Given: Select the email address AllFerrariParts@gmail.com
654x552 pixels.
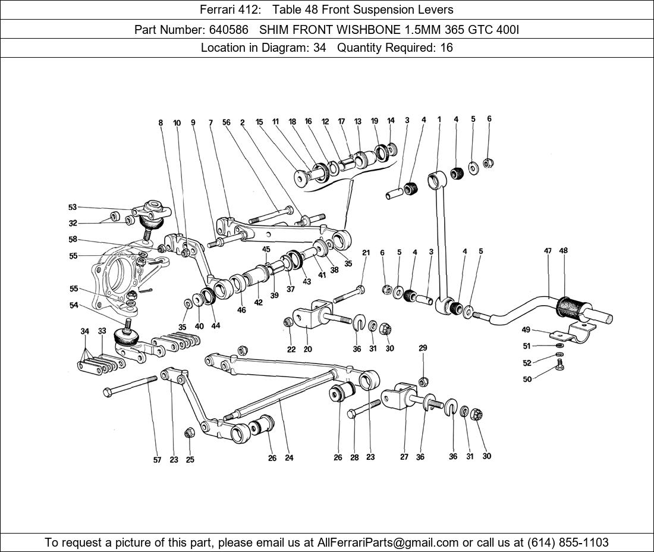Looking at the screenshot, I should coord(388,542).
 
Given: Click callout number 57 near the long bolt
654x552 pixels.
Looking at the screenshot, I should coord(157,460).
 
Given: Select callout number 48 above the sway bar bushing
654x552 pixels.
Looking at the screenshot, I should coord(563,250).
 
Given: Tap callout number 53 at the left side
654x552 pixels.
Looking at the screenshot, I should coord(73,208).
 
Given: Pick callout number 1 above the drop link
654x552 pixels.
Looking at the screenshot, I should coord(439,120).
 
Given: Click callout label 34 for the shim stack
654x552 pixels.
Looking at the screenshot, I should coord(85,331).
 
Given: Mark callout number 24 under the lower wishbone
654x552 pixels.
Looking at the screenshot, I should coord(289,458).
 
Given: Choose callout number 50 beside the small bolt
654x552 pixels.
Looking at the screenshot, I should coord(527,379).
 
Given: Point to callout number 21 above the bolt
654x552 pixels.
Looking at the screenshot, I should coord(366,253).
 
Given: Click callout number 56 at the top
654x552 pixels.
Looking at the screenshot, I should coord(226,123).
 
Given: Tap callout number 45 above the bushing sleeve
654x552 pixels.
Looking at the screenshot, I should coord(266,249).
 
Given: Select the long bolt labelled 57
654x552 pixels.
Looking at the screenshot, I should coord(131,385).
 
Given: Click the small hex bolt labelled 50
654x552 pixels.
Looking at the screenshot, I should coord(559,365).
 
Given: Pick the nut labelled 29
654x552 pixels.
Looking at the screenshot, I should coord(423,381).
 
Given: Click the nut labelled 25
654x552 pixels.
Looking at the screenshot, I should coord(189,432).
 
